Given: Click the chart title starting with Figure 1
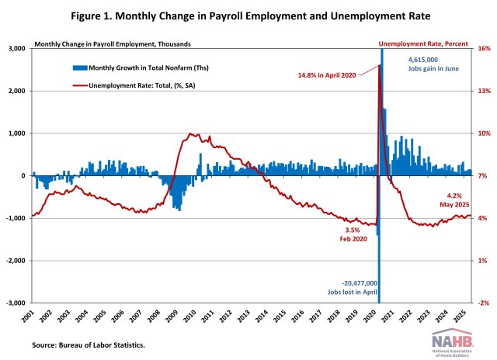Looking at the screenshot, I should pyautogui.click(x=248, y=16).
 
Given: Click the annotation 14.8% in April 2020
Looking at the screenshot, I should pyautogui.click(x=331, y=74).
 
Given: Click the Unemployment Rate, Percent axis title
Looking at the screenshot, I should pyautogui.click(x=424, y=43).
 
